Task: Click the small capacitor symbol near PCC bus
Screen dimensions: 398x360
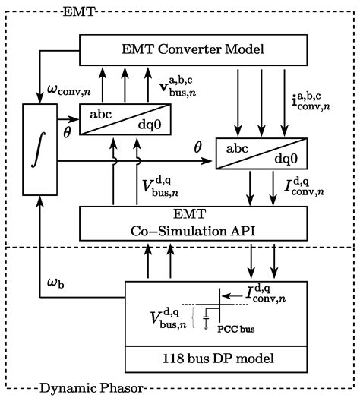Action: [x=206, y=319]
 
